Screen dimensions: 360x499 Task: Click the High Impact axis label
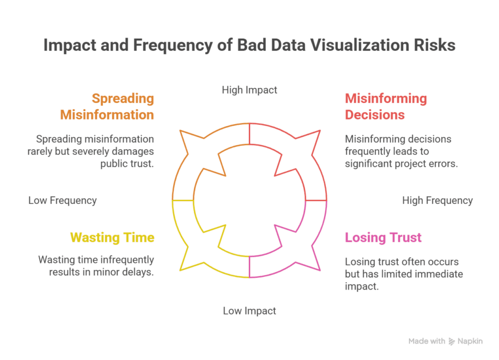tap(249, 90)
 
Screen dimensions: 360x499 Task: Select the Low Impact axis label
tap(249, 311)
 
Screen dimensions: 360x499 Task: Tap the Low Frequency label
tap(62, 201)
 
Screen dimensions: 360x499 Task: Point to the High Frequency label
tap(437, 201)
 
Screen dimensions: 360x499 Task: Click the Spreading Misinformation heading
tap(107, 106)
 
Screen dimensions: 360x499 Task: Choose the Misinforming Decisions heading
tap(385, 106)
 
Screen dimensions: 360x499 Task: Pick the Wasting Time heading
tap(112, 237)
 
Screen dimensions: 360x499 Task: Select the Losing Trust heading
tap(383, 237)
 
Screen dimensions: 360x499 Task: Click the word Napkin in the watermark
tap(471, 342)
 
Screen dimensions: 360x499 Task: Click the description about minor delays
tap(96, 266)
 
